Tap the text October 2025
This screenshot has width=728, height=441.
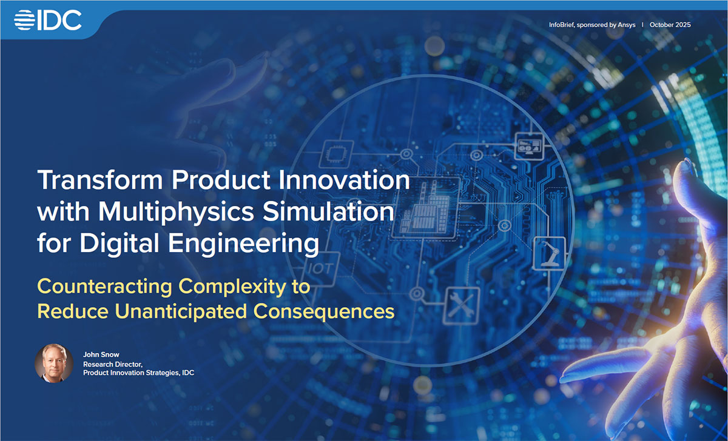tap(670, 25)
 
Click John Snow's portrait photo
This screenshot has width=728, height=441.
tap(54, 363)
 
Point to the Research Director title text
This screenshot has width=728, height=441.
tap(113, 364)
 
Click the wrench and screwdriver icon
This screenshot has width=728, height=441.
tap(462, 305)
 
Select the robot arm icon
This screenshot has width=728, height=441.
tap(549, 252)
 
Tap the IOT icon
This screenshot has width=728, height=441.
tap(320, 267)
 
